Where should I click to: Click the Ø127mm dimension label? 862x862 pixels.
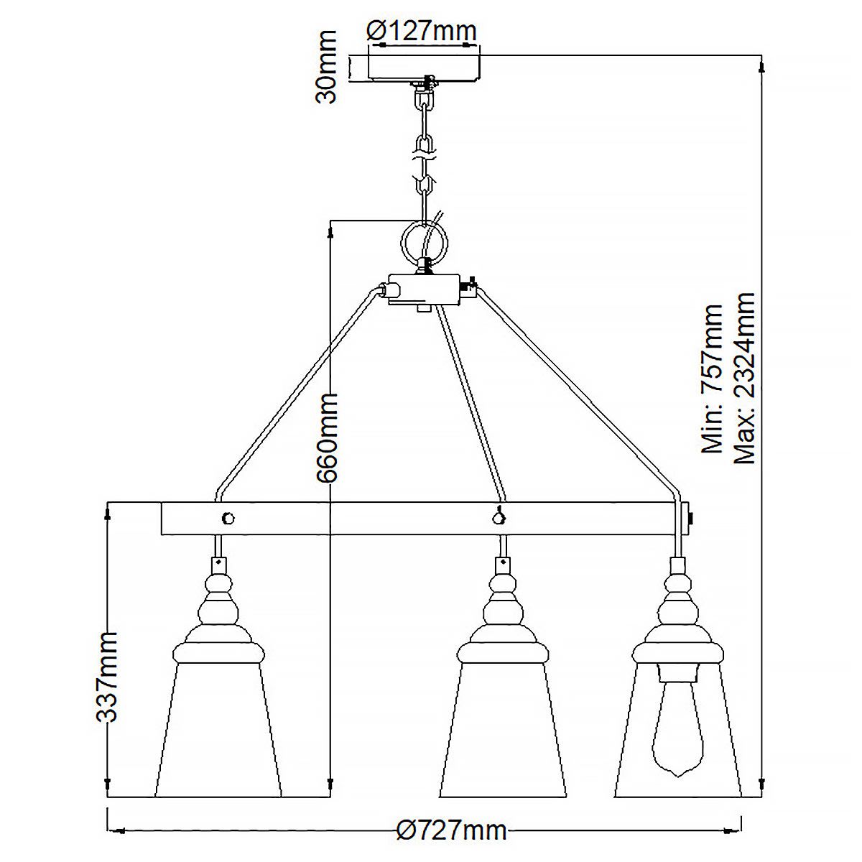pyautogui.click(x=421, y=31)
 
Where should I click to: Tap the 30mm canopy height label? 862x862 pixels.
pyautogui.click(x=327, y=67)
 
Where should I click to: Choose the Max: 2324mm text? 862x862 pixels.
pyautogui.click(x=744, y=378)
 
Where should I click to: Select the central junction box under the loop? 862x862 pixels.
pyautogui.click(x=424, y=289)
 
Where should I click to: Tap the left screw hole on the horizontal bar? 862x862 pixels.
pyautogui.click(x=228, y=517)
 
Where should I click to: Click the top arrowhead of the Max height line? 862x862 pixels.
pyautogui.click(x=761, y=65)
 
